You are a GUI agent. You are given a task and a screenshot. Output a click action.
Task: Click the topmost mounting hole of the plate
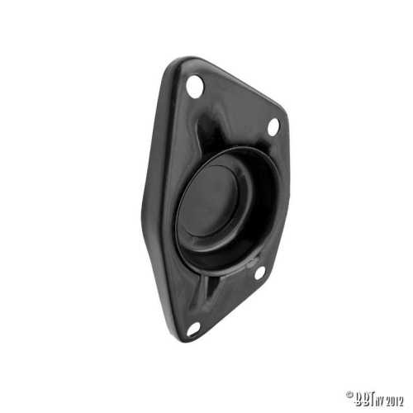[x=195, y=84]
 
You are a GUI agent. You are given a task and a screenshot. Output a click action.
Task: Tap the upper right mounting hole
[x=273, y=126]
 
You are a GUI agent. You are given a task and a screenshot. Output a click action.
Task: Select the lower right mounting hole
[x=259, y=272]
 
